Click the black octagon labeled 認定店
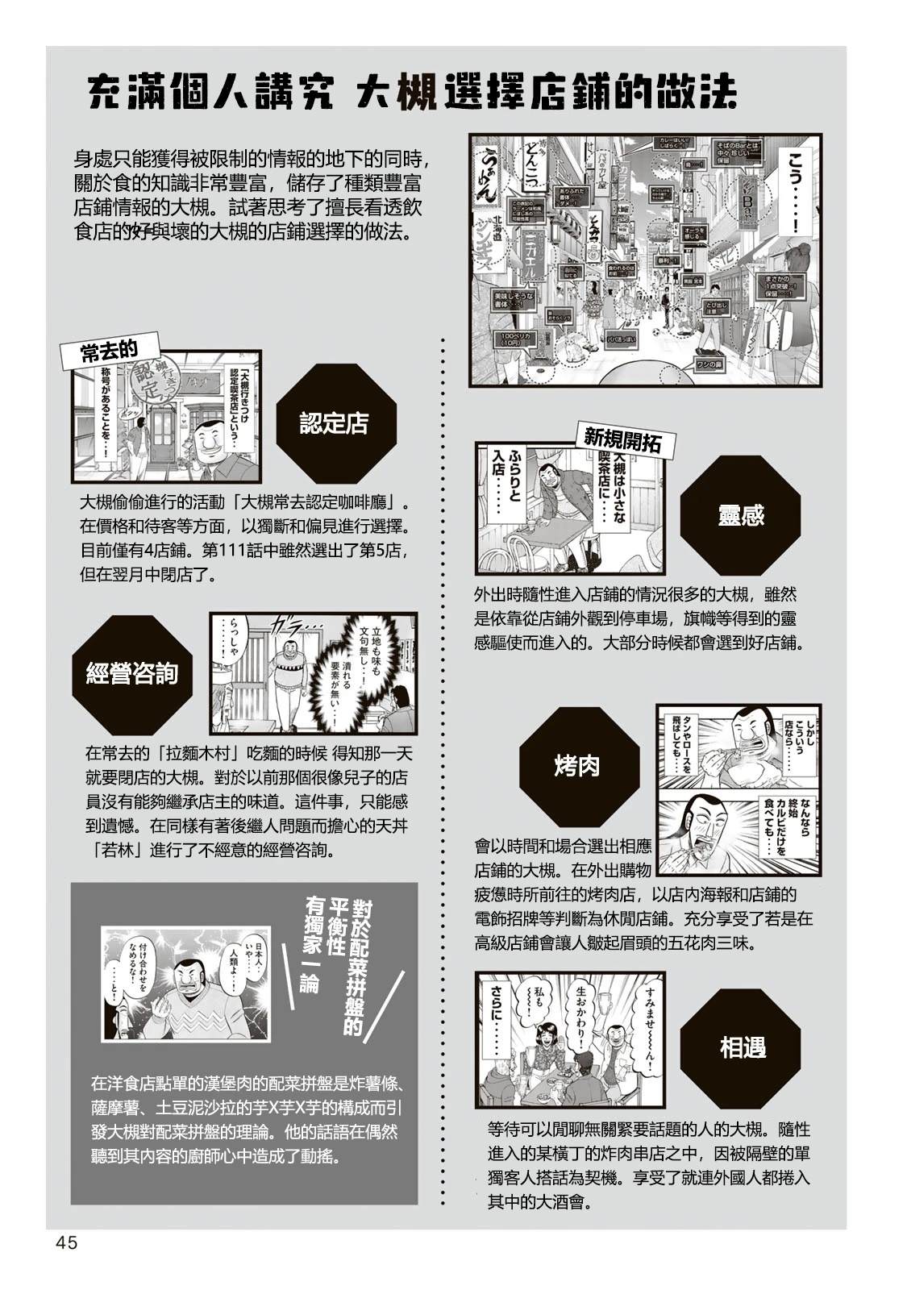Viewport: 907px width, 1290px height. [x=334, y=423]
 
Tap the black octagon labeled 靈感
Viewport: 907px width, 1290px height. [x=740, y=515]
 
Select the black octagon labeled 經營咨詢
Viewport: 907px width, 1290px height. [x=131, y=675]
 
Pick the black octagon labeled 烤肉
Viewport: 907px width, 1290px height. [x=577, y=765]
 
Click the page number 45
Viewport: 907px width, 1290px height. [x=65, y=1243]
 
